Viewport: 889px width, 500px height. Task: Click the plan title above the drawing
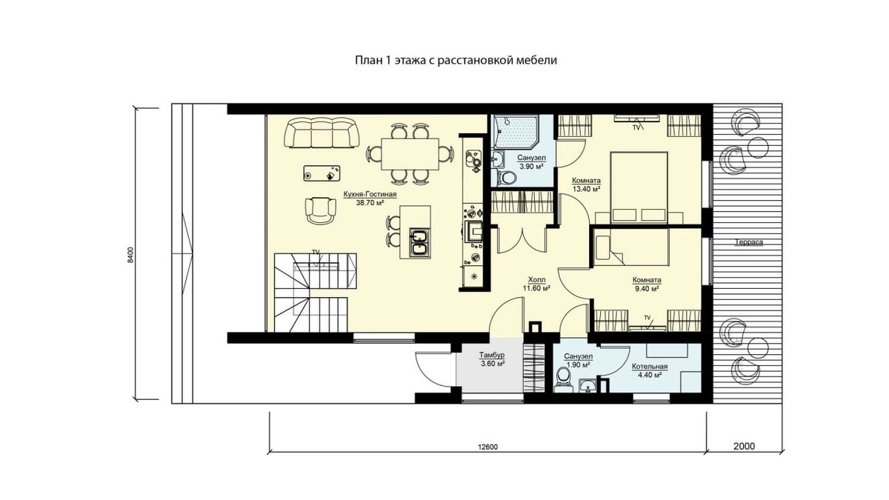pyautogui.click(x=456, y=60)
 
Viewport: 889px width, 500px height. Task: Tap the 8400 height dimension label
pyautogui.click(x=131, y=254)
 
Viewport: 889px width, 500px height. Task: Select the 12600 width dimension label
pyautogui.click(x=487, y=447)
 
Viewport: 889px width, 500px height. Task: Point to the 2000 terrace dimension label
pyautogui.click(x=744, y=446)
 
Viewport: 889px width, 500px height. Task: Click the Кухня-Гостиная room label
pyautogui.click(x=370, y=194)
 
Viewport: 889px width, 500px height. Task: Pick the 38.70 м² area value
pyautogui.click(x=370, y=203)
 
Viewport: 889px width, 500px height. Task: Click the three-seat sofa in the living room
pyautogui.click(x=322, y=133)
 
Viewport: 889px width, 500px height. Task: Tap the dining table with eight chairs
pyautogui.click(x=410, y=154)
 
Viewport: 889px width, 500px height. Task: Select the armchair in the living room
pyautogui.click(x=320, y=210)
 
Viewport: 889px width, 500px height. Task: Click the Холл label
pyautogui.click(x=536, y=280)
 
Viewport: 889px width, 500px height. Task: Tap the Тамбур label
pyautogui.click(x=492, y=355)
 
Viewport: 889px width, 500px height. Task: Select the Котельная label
pyautogui.click(x=650, y=367)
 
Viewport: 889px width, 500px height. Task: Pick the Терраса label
pyautogui.click(x=748, y=242)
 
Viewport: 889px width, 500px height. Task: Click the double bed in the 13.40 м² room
pyautogui.click(x=639, y=187)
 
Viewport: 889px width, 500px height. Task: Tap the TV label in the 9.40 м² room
pyautogui.click(x=647, y=317)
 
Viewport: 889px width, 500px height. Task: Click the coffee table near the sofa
pyautogui.click(x=322, y=173)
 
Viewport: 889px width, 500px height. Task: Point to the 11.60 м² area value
pyautogui.click(x=536, y=288)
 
